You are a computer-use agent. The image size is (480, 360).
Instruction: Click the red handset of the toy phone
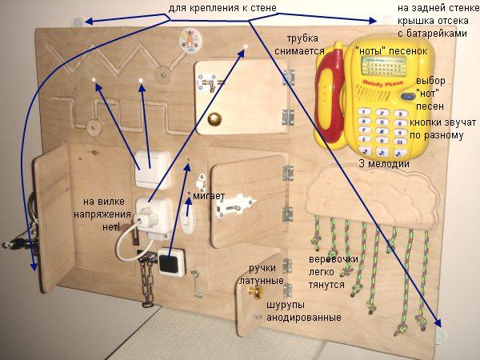click(x=327, y=104)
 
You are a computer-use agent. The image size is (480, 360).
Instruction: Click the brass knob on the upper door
click(x=214, y=118)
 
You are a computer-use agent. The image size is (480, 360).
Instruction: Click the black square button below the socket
click(x=170, y=262)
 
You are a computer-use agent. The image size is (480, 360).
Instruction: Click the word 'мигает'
click(x=209, y=196)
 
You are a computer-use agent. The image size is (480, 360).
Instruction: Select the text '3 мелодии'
click(x=385, y=164)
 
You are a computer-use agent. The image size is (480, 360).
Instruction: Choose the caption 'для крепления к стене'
click(x=223, y=9)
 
